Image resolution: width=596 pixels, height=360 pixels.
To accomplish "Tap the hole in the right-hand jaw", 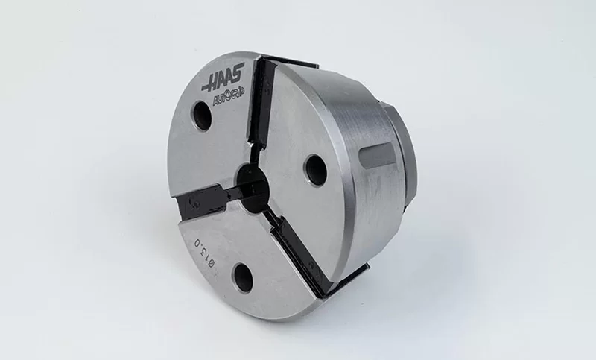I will click(314, 170).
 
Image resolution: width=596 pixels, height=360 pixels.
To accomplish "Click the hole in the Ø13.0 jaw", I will click(242, 276).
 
